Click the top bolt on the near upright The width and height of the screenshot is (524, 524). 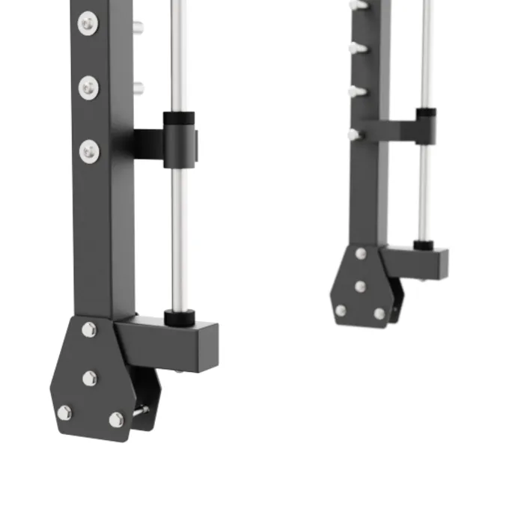click(88, 25)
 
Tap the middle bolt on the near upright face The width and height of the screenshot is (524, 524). click(88, 88)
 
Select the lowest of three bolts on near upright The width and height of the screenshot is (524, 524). click(89, 152)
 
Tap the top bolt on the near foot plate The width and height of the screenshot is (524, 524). click(89, 329)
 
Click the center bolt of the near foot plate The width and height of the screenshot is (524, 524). click(90, 378)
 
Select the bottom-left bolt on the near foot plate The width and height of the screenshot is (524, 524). click(64, 412)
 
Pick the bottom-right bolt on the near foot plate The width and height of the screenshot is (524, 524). click(116, 419)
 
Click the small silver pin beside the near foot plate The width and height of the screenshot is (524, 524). click(140, 410)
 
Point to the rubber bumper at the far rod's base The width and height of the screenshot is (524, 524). click(424, 244)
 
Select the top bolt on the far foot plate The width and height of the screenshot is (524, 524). click(361, 254)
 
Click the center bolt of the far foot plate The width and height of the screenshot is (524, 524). click(360, 285)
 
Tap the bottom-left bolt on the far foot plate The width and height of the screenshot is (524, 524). click(341, 310)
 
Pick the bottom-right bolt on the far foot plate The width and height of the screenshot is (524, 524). click(379, 314)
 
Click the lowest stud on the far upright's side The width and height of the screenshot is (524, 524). click(354, 135)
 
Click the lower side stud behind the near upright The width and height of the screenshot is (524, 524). click(138, 88)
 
